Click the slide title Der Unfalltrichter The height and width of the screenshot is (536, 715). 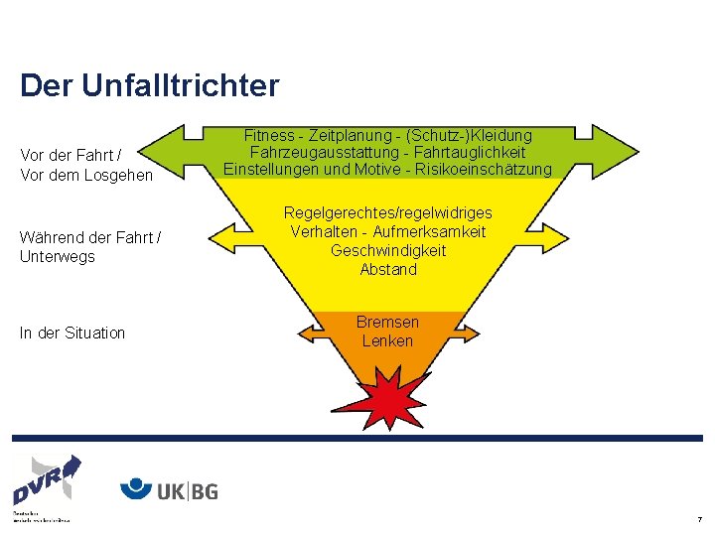(x=149, y=85)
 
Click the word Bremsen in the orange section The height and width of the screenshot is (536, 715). (x=388, y=323)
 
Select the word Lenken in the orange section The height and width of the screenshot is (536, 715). (x=388, y=341)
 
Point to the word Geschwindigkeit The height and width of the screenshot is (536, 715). (x=388, y=251)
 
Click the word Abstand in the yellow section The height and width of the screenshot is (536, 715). (x=388, y=270)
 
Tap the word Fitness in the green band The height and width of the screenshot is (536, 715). (x=269, y=135)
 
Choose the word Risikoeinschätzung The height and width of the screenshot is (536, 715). (x=490, y=171)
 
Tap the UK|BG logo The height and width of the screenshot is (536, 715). (x=169, y=489)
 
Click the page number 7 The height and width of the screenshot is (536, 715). (x=699, y=519)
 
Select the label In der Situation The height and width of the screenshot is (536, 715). (x=72, y=334)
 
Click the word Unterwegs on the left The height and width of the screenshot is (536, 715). (x=58, y=257)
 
